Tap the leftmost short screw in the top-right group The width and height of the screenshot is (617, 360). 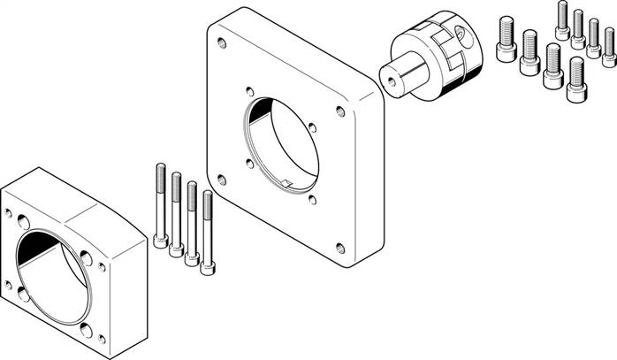[507, 40]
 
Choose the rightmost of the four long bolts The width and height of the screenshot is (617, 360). [208, 232]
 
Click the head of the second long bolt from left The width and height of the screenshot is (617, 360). [177, 249]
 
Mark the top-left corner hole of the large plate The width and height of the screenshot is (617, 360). [222, 42]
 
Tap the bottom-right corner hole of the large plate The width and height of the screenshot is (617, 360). [340, 247]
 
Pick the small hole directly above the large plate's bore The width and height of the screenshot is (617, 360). [251, 89]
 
